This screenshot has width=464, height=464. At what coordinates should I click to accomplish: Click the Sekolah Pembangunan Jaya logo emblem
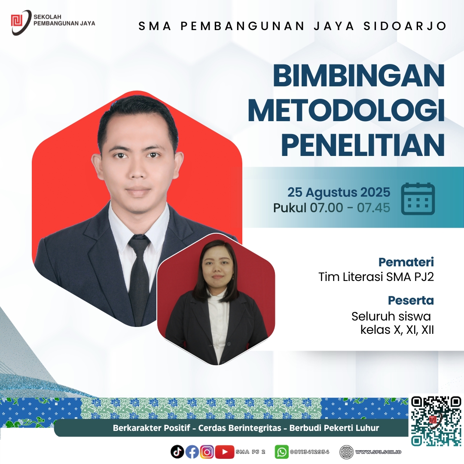click(x=21, y=22)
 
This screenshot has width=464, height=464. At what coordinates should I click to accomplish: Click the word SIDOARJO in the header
click(x=405, y=26)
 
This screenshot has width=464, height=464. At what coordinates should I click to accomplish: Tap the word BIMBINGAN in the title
click(x=359, y=76)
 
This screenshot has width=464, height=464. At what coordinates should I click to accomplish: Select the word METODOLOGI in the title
click(x=347, y=110)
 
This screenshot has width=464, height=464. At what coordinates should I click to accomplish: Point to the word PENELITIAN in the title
click(x=363, y=144)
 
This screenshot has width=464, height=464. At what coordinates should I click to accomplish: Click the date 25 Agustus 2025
click(x=339, y=192)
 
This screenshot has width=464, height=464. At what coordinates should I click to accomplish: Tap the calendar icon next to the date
click(x=418, y=198)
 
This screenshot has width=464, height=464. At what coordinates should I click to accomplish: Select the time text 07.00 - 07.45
click(x=350, y=208)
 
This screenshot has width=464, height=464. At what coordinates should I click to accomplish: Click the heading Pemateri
click(x=406, y=262)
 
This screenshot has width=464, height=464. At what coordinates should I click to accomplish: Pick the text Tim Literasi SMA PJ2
click(x=376, y=277)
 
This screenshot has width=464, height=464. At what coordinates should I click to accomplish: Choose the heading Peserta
click(x=411, y=300)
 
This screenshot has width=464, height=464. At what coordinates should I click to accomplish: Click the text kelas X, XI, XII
click(x=397, y=330)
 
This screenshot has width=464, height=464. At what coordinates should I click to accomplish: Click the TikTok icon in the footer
click(x=177, y=452)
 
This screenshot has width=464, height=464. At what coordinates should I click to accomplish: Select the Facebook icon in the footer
click(x=192, y=452)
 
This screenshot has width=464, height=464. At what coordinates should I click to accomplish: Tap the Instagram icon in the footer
click(x=207, y=452)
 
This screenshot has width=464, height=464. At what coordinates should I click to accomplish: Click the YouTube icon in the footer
click(x=225, y=452)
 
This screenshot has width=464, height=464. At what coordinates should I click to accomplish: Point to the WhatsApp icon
click(x=282, y=452)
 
